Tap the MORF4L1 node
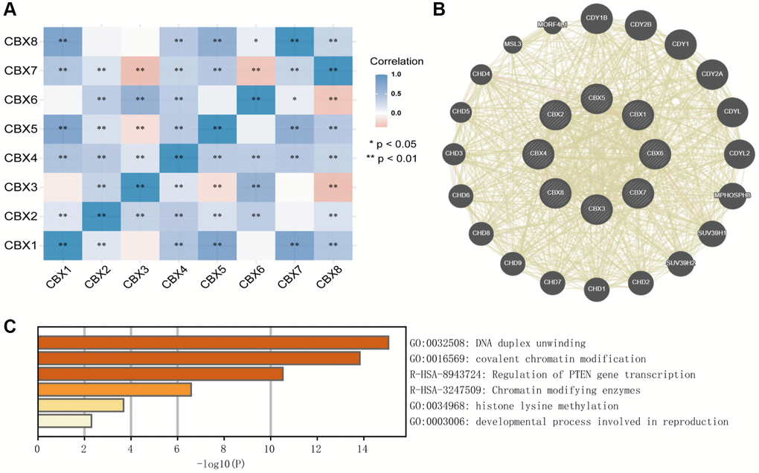pos(553,25)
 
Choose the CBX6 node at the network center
pos(655,153)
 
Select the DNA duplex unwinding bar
pos(213,343)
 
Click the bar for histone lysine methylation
pos(80,405)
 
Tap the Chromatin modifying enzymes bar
pos(115,390)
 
